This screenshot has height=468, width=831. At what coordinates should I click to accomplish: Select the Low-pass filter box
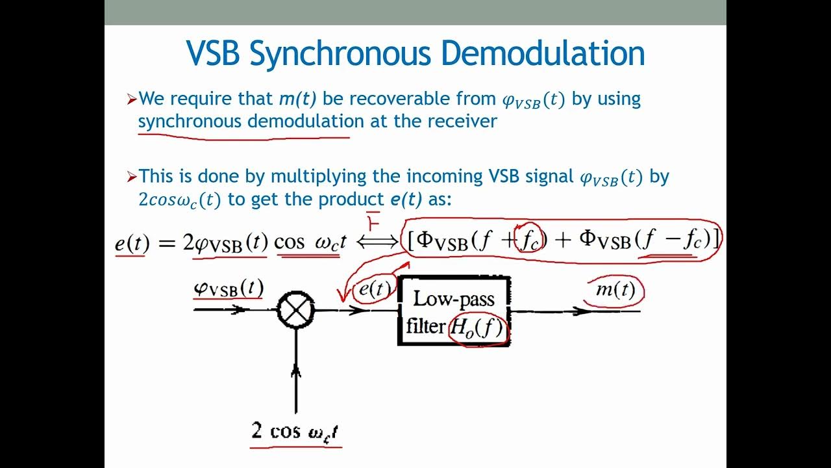click(x=454, y=311)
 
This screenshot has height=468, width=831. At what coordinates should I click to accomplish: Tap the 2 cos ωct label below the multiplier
click(x=296, y=431)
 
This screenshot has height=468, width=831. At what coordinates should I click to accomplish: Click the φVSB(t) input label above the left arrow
click(x=228, y=288)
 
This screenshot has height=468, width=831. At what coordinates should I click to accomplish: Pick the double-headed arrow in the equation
click(x=377, y=242)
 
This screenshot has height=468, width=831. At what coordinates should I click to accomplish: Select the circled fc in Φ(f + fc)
click(x=530, y=241)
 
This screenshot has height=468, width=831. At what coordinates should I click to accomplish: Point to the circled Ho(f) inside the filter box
click(x=477, y=328)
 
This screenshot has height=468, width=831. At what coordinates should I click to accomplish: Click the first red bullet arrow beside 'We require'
click(x=132, y=99)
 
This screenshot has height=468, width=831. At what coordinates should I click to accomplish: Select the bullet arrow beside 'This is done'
click(x=132, y=177)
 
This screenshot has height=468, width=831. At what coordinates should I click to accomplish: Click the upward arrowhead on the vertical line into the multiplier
click(x=296, y=371)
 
